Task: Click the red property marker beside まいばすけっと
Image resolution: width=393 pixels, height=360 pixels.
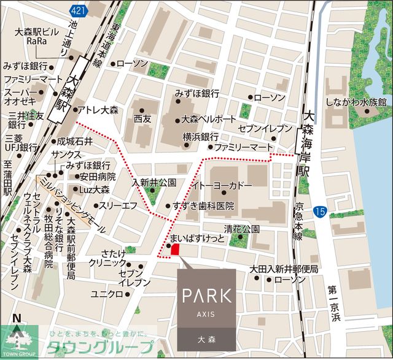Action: [x=174, y=249]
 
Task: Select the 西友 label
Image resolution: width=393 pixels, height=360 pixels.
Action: [x=142, y=118]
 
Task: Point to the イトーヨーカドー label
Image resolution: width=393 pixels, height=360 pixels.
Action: [x=212, y=184]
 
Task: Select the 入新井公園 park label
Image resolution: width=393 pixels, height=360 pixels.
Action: [x=154, y=183]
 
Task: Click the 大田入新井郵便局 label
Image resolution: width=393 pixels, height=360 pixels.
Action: [x=284, y=269]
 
